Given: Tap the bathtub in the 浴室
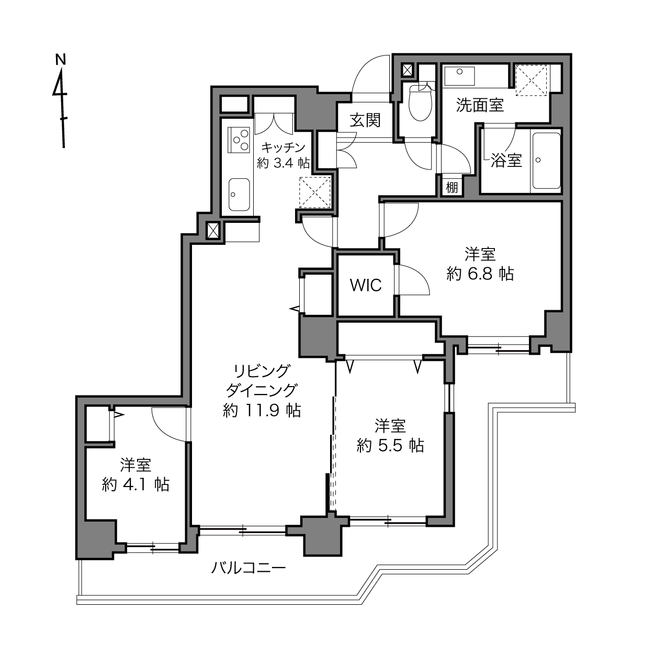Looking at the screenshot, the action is point(546,161).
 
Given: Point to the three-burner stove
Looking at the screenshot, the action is point(239,139).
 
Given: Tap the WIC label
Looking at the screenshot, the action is point(366,285).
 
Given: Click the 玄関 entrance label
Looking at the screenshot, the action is point(365,120).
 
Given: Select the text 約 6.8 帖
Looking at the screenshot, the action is point(480,274).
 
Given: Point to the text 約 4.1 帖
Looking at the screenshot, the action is point(135,484).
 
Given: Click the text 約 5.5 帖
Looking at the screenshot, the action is point(390,445).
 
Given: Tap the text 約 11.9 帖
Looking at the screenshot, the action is point(262,410).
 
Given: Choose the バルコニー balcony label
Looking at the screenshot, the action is point(249,568).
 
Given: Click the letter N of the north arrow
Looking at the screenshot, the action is point(61,59).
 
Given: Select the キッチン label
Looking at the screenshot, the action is point(284,148).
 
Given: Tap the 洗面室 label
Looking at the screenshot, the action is point(480,105).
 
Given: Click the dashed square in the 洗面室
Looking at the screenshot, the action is point(532,80).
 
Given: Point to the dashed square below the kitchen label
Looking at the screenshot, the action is point(315,192).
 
